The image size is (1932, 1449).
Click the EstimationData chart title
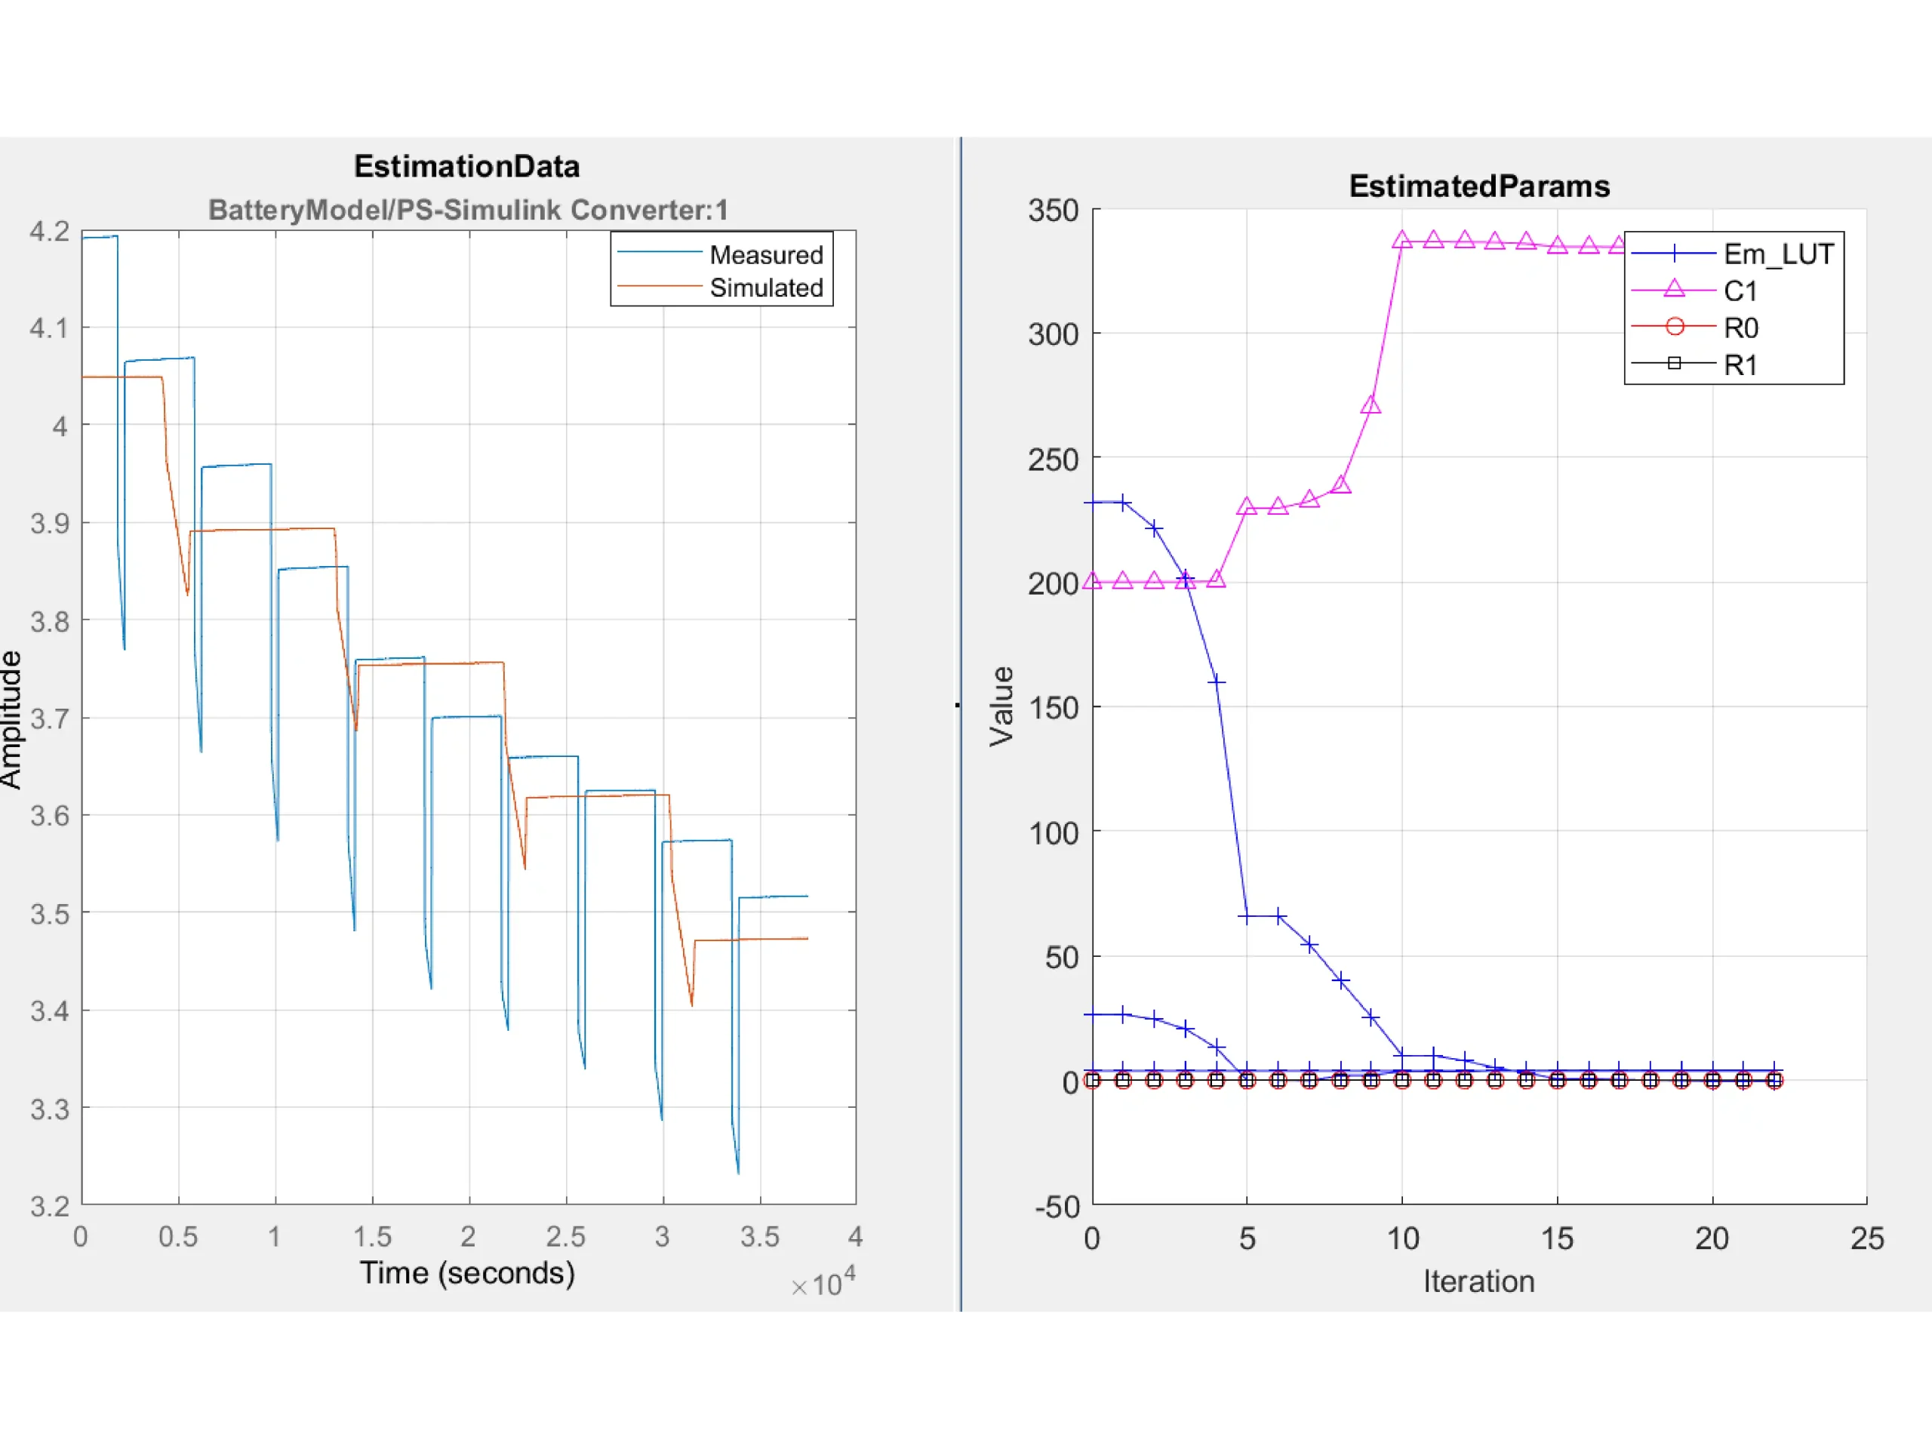(466, 166)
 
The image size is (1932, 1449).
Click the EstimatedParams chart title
(1478, 186)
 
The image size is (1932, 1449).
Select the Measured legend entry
(765, 255)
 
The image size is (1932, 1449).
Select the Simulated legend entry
(765, 288)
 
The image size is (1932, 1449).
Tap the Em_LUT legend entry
(1777, 254)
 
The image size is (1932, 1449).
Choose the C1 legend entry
(1739, 291)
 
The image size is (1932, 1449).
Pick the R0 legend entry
(1740, 328)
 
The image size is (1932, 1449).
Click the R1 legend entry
(1740, 365)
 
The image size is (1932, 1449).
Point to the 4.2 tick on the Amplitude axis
(49, 232)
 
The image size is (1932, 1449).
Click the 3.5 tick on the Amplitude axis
(49, 914)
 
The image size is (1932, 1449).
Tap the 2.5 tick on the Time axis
(566, 1237)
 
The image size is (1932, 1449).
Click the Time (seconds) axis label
(467, 1272)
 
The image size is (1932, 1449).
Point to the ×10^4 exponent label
(823, 1283)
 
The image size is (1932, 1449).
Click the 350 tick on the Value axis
(1054, 211)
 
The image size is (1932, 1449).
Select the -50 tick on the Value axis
(1057, 1206)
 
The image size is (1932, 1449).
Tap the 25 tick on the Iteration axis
(1866, 1238)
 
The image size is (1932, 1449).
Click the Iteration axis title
(1478, 1281)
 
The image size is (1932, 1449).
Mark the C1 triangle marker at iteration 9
(1371, 405)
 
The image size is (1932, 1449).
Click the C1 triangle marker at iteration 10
(1402, 240)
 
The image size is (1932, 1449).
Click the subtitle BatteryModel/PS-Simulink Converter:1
(467, 210)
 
